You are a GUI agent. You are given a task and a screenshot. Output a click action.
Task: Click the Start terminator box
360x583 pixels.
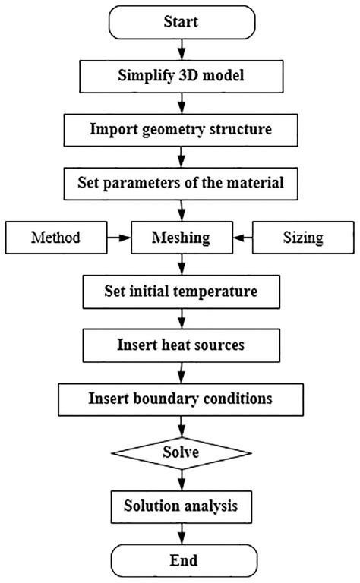[181, 22]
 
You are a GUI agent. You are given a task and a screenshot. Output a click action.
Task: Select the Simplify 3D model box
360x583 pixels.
[181, 76]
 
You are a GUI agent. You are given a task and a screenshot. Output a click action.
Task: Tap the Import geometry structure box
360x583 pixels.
[181, 129]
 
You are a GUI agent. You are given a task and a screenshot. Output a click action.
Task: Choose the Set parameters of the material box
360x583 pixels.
[181, 183]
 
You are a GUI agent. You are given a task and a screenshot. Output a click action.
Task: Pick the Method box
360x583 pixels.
[55, 237]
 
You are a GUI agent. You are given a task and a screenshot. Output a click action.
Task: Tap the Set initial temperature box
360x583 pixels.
[181, 291]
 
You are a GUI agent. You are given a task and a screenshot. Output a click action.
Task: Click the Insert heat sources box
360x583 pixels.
[181, 344]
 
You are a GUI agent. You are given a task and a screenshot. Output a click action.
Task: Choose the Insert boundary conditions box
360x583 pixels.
[181, 398]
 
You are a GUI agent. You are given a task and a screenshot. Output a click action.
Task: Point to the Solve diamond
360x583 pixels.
[181, 452]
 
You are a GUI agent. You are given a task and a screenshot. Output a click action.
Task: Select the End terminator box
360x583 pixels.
[181, 560]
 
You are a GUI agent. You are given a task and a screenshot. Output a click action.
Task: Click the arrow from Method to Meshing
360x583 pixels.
[118, 237]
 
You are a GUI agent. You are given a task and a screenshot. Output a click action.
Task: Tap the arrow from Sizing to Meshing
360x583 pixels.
[243, 237]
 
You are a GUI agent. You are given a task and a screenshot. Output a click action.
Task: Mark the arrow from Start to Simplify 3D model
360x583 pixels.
[181, 49]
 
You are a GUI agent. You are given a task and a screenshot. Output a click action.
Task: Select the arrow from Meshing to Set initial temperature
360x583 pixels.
[181, 263]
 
